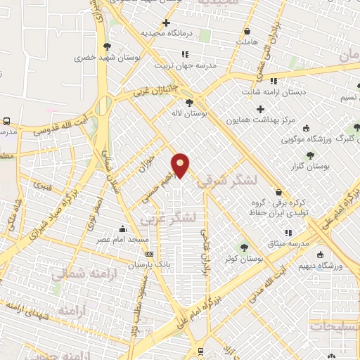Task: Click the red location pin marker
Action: pos(181,165)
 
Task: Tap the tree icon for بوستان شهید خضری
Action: pos(106,47)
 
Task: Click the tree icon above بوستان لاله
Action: pos(189,103)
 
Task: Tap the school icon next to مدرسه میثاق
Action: pos(288,233)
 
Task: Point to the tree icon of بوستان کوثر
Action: pos(244,247)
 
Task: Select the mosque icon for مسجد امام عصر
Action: pos(123,229)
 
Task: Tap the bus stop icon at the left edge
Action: pos(6,120)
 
